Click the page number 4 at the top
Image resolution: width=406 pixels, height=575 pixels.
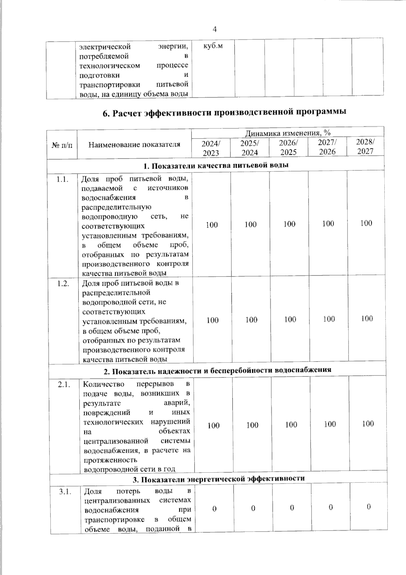click(x=214, y=29)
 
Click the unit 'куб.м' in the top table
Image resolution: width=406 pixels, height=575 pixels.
click(x=213, y=46)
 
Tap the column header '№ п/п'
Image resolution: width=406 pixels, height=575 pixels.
click(x=62, y=145)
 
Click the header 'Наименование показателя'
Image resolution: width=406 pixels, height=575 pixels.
click(x=134, y=145)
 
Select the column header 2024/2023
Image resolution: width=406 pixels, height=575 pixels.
click(x=211, y=148)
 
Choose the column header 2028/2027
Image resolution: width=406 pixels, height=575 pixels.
click(x=365, y=147)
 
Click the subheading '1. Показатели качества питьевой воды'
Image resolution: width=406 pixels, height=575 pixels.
click(x=216, y=166)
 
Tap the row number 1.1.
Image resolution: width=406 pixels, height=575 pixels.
click(x=63, y=179)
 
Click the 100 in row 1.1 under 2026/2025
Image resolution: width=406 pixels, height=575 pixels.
click(x=289, y=224)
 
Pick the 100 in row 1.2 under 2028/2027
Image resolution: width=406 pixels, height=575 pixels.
click(x=367, y=318)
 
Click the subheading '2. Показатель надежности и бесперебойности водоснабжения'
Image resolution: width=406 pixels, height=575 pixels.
click(x=217, y=370)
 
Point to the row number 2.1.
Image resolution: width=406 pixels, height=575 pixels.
click(x=64, y=385)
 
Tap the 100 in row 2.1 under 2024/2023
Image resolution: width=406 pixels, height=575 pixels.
click(x=213, y=425)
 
